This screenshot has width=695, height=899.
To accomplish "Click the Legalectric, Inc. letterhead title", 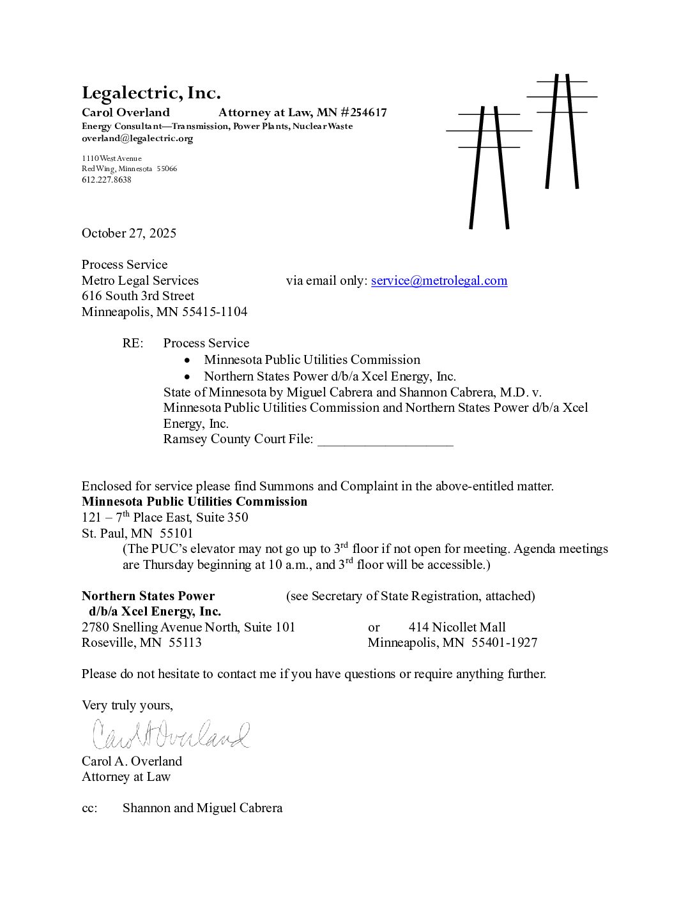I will click(x=151, y=93).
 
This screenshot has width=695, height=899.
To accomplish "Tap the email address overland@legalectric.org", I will click(x=137, y=139).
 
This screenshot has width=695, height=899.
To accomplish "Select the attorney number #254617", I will click(x=363, y=113).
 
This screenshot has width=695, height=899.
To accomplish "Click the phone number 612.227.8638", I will click(x=106, y=180).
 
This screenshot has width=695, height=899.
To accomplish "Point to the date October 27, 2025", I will click(x=128, y=233).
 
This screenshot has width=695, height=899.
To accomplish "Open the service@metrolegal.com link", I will click(x=439, y=280).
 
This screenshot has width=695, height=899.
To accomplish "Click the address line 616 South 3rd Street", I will click(x=138, y=296).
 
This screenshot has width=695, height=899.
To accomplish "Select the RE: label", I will click(x=133, y=343).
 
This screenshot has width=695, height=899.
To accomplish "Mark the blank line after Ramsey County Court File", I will click(x=385, y=440).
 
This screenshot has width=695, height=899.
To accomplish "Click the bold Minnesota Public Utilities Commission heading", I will click(x=194, y=501).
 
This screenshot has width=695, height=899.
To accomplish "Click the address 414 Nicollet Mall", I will click(x=457, y=627).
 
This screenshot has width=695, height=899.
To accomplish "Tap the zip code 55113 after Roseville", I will click(x=185, y=642).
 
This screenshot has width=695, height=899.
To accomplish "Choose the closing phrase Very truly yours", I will click(x=127, y=705).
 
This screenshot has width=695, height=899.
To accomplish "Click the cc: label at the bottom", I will click(x=89, y=808).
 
